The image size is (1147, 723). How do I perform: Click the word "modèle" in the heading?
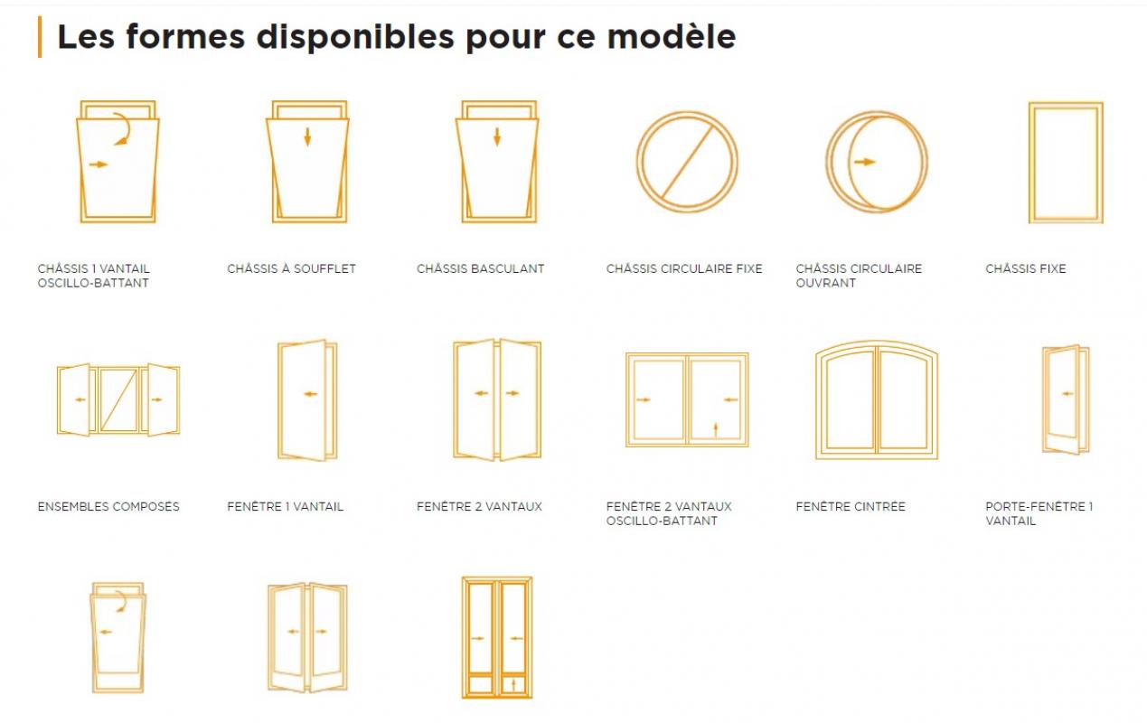click(x=672, y=37)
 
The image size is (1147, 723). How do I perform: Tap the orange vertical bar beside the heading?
click(x=40, y=37)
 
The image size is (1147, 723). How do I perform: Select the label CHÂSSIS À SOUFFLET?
click(x=291, y=268)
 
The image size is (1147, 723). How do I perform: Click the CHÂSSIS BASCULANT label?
click(x=480, y=268)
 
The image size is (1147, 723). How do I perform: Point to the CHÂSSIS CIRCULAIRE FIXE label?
click(x=684, y=268)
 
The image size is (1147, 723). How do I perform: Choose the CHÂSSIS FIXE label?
click(x=1026, y=268)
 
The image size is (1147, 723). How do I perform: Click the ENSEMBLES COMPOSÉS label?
click(x=108, y=506)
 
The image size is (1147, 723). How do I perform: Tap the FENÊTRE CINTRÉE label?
click(x=851, y=506)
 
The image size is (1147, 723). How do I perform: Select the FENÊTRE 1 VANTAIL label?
click(x=286, y=506)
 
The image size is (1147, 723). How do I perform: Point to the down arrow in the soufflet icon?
click(x=307, y=136)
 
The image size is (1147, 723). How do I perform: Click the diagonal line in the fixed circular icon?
click(x=687, y=162)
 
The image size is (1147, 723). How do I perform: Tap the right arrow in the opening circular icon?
click(x=864, y=163)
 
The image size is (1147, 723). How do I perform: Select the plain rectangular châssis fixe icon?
click(x=1029, y=163)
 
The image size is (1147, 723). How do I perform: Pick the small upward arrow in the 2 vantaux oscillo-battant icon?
click(x=716, y=430)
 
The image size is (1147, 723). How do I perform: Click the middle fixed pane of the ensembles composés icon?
click(x=118, y=399)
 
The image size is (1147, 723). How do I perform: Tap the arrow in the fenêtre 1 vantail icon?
click(x=310, y=394)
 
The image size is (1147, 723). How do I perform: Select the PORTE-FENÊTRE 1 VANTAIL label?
click(x=1039, y=513)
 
